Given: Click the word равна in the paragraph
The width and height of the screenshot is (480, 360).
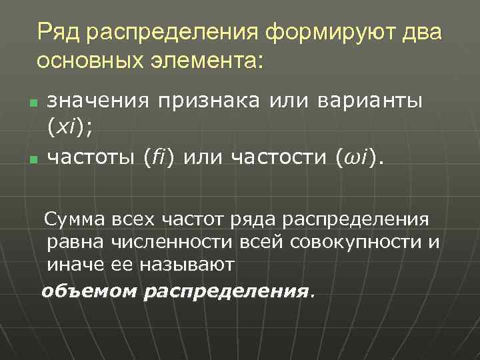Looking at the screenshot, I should click(x=73, y=242).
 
